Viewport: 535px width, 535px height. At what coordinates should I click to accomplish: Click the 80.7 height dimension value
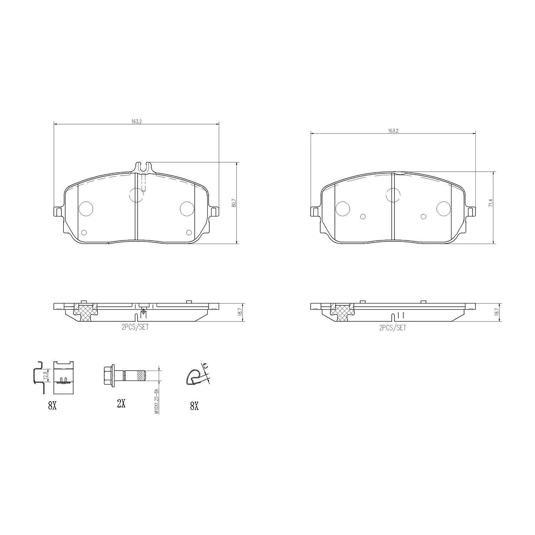point(234,203)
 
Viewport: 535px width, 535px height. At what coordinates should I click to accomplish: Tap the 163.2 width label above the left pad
point(136,121)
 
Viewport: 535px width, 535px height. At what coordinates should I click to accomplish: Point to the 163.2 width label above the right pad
point(393,131)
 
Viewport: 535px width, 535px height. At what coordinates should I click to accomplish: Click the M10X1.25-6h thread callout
point(156,401)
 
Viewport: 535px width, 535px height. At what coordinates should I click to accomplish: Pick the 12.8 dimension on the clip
point(44,376)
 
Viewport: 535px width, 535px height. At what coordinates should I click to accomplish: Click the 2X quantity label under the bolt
point(121,403)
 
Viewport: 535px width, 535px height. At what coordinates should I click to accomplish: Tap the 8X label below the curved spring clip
point(194,406)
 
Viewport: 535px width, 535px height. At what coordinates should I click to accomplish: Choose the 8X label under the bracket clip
point(52,406)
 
